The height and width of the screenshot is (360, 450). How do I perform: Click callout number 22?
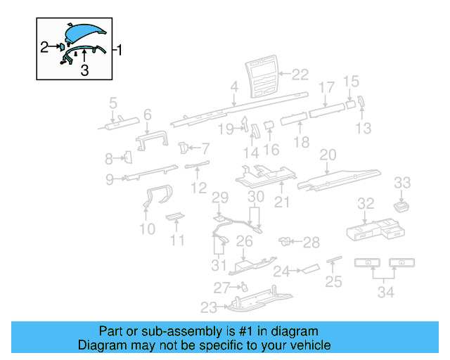click(x=300, y=73)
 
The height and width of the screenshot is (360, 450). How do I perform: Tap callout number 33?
click(x=401, y=184)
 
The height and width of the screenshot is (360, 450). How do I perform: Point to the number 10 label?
click(x=147, y=229)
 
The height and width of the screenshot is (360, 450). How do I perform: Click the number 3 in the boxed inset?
click(x=84, y=70)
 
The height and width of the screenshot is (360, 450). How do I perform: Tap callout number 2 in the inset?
click(x=44, y=47)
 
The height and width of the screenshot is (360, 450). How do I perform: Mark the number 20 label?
click(x=328, y=155)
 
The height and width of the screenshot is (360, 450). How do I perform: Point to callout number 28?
click(x=311, y=243)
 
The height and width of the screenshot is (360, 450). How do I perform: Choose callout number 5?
click(x=112, y=105)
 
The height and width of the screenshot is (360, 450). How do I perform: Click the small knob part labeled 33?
click(x=401, y=205)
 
